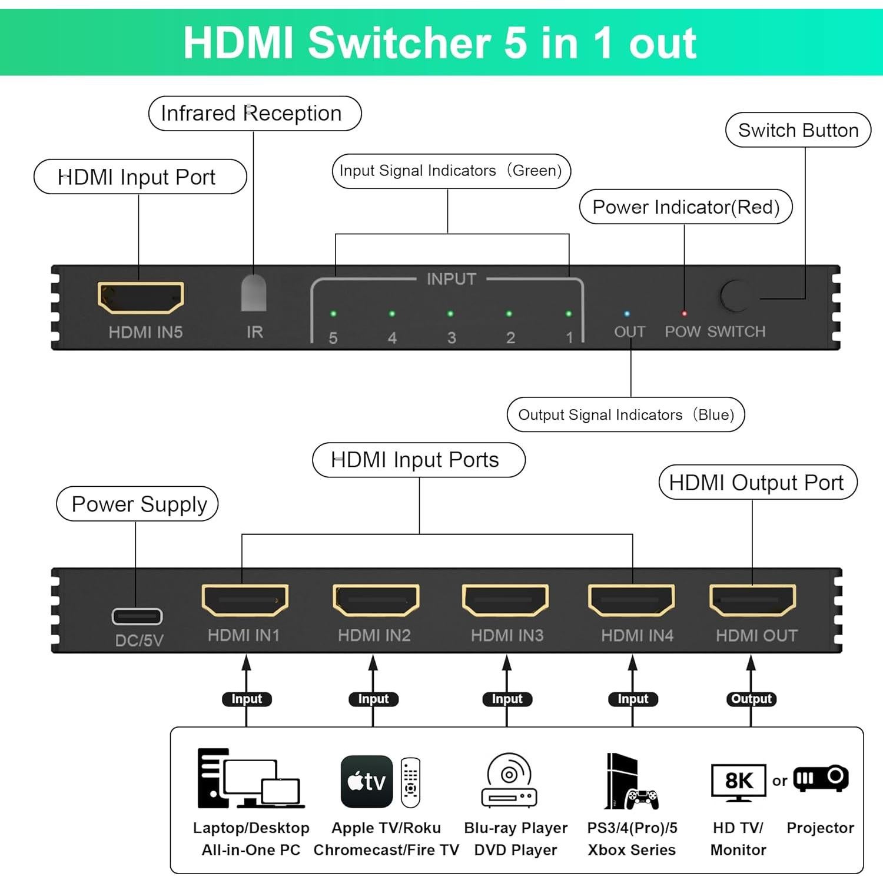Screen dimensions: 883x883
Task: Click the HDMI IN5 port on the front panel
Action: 141,297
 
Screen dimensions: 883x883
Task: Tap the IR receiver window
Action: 254,293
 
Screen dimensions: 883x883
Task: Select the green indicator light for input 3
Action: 450,314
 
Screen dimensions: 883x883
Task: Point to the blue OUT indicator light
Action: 626,314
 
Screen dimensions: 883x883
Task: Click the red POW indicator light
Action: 684,314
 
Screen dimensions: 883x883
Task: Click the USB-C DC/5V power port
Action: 137,616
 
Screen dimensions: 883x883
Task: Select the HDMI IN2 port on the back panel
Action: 376,600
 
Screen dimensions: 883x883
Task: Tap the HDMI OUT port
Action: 752,600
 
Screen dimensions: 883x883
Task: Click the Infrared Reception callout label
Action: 254,114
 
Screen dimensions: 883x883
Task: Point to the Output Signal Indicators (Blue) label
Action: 626,414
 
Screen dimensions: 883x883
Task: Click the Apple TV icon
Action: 367,781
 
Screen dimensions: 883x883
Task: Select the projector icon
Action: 821,779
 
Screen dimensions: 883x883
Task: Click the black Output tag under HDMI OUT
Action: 751,699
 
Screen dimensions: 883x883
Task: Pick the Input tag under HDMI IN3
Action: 507,699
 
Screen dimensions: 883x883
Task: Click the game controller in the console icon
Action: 642,798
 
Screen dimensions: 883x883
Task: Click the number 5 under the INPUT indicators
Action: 333,338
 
